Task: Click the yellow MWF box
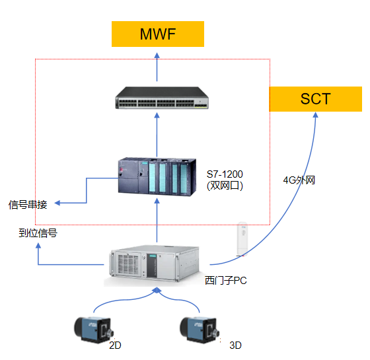[158, 34]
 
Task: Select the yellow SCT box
[316, 99]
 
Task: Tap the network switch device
[162, 98]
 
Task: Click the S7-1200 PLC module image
[157, 176]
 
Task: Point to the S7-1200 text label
[225, 174]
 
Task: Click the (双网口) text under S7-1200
[225, 186]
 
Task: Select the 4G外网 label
[299, 180]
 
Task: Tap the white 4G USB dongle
[242, 238]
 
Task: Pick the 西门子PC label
[225, 281]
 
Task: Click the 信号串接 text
[28, 205]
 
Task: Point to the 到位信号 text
[38, 233]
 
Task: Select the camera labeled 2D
[94, 330]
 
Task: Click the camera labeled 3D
[200, 330]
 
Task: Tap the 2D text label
[115, 345]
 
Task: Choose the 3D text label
[235, 345]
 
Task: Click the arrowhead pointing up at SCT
[316, 115]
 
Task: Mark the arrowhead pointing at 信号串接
[57, 203]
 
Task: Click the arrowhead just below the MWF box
[157, 55]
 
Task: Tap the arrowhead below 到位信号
[38, 246]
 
